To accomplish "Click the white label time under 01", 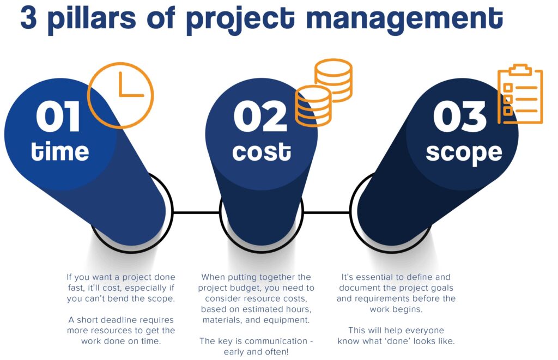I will point(59,151).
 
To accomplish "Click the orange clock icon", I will point(120,95).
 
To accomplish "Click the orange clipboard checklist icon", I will point(520,95).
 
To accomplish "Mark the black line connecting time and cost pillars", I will point(196,212).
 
